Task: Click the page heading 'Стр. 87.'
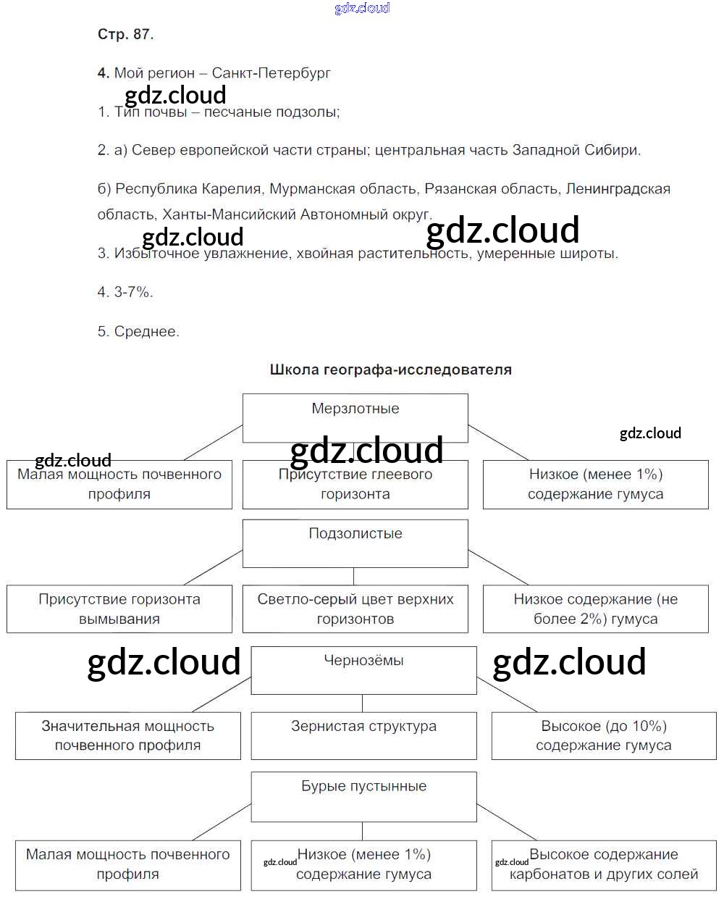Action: (x=125, y=34)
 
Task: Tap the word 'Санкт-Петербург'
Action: (x=271, y=73)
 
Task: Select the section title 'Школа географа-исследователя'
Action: (x=390, y=369)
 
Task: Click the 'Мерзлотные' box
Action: (x=355, y=418)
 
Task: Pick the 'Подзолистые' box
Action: (x=355, y=543)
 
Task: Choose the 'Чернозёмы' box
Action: (x=363, y=669)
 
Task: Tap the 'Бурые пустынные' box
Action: (x=363, y=796)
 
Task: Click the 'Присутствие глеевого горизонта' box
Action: (x=355, y=485)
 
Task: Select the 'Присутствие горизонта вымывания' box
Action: (x=119, y=609)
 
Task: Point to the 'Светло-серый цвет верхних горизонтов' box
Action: (x=355, y=609)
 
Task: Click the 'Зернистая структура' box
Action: (x=363, y=735)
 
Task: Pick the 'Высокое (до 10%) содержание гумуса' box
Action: (x=604, y=735)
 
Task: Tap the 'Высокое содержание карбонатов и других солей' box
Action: (x=604, y=865)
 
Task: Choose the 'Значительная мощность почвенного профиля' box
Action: (x=128, y=735)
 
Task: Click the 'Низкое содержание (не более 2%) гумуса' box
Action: (x=595, y=609)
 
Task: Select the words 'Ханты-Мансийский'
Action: (x=229, y=214)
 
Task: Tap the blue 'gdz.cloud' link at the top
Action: (x=362, y=8)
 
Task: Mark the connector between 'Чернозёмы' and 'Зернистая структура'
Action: (x=362, y=703)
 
